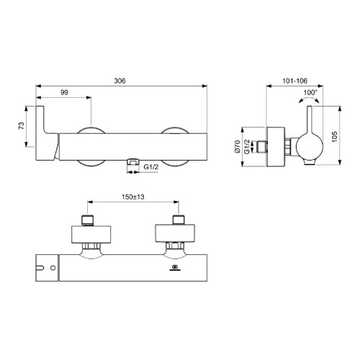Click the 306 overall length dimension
point(120,82)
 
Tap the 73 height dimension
point(22,125)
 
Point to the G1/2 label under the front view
point(152,167)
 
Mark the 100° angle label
point(310,93)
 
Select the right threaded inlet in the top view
point(177,220)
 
